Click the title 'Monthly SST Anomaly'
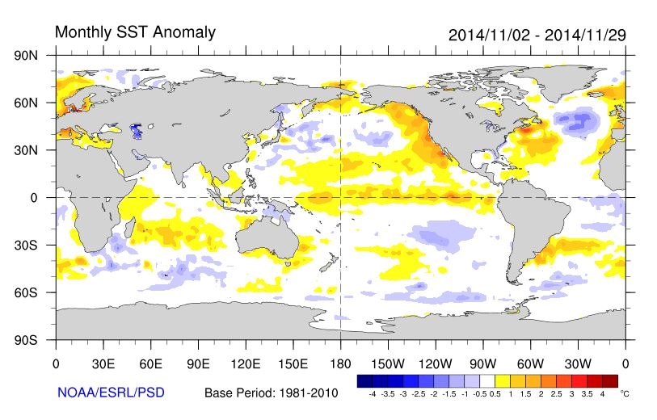135,32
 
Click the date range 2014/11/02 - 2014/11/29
537,36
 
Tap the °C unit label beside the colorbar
624,393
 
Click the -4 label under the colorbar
371,393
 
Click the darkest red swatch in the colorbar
609,380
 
